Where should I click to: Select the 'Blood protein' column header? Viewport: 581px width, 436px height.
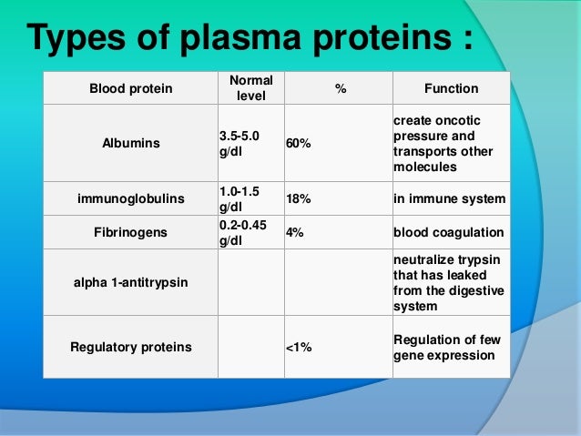128,88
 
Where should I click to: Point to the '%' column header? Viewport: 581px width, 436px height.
340,88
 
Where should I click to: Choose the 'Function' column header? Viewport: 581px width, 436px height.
451,88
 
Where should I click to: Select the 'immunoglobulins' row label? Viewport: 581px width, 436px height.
128,198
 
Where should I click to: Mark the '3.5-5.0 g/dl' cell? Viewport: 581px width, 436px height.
238,144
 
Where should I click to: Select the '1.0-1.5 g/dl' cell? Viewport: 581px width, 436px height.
238,198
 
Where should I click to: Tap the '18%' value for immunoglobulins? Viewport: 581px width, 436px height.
298,198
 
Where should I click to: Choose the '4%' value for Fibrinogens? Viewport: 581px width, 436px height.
295,232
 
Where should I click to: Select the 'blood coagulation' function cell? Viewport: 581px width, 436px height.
448,232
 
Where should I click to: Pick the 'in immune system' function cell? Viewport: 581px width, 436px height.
448,198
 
